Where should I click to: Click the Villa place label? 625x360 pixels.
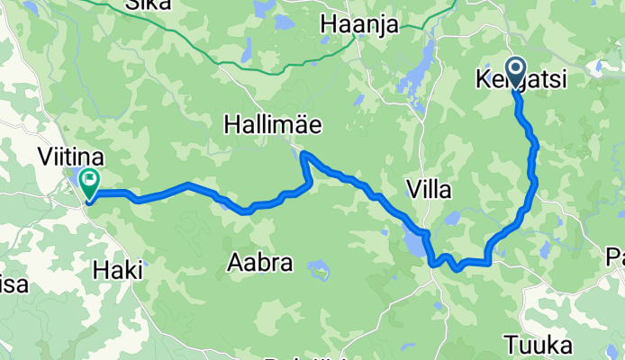point(429,190)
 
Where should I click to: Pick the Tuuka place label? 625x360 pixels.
point(539,345)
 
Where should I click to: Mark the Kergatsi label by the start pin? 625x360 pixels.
point(521,82)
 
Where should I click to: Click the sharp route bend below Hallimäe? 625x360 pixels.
point(304,155)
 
